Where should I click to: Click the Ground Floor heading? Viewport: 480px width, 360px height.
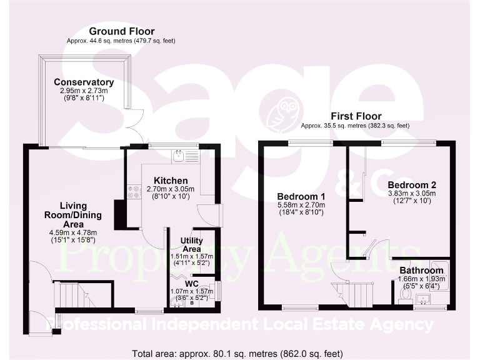(x=121, y=31)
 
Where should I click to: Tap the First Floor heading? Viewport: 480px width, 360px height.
(x=356, y=116)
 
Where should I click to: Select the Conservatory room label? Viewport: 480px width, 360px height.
(x=84, y=82)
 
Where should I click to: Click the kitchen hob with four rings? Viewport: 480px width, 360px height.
(x=133, y=191)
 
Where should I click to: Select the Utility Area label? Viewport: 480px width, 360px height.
(x=191, y=244)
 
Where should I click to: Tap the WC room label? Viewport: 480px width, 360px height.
(x=191, y=283)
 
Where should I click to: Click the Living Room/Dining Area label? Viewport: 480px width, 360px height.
(x=74, y=214)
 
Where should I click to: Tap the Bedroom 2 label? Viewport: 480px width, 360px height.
(x=411, y=185)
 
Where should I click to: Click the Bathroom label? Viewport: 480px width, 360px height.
(x=422, y=271)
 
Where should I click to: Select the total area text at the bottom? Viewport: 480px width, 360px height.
(x=240, y=352)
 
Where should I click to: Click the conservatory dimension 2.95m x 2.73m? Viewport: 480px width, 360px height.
(x=84, y=91)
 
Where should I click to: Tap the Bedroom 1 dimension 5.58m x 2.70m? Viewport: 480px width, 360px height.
(x=301, y=205)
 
